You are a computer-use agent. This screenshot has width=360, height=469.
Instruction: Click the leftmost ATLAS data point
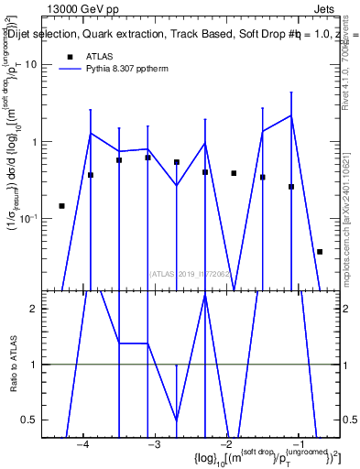tap(61, 206)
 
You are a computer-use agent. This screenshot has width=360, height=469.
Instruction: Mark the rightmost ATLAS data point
tap(320, 251)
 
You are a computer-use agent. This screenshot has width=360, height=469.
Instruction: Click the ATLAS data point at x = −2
tap(234, 173)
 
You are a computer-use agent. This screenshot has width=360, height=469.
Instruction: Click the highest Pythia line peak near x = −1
tap(291, 115)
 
